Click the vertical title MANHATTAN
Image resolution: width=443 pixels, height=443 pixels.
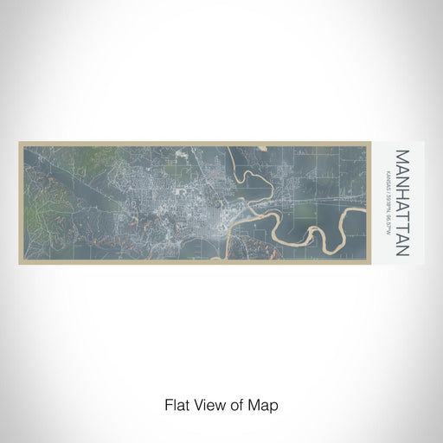tap(401, 203)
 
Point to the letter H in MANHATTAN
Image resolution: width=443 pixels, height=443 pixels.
tap(401, 191)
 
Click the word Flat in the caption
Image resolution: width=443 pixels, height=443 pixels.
tap(176, 404)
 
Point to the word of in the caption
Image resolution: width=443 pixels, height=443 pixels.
tap(238, 404)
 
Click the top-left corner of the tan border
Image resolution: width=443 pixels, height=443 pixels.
tap(20, 143)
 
